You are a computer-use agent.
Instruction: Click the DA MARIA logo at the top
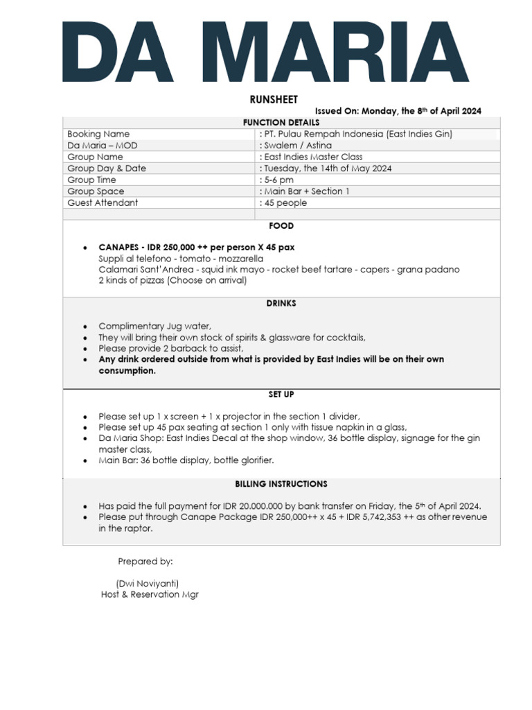[266, 52]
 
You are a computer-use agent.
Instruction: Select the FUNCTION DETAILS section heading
[281, 122]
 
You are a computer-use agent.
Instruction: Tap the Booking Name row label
[98, 134]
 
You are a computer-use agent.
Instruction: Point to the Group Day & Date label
[107, 168]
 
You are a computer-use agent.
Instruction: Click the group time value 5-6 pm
[278, 180]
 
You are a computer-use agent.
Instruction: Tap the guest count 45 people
[285, 203]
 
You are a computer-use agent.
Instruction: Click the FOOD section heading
[281, 226]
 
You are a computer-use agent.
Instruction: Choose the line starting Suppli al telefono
[170, 259]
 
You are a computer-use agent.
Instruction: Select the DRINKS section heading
[281, 304]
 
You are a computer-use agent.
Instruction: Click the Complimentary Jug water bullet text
[154, 326]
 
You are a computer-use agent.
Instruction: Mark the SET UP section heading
[281, 395]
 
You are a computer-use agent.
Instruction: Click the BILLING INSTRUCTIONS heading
[281, 484]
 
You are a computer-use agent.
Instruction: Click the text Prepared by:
[145, 561]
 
